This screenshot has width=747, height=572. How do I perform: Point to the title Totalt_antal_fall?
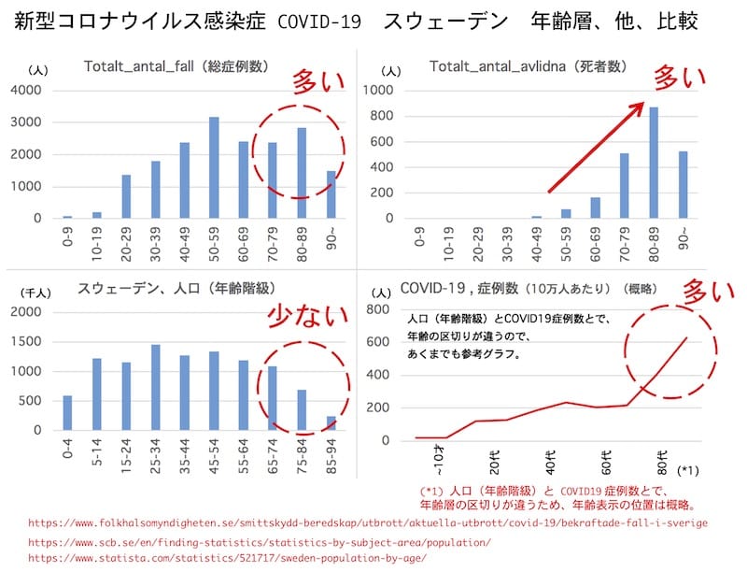coord(176,66)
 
